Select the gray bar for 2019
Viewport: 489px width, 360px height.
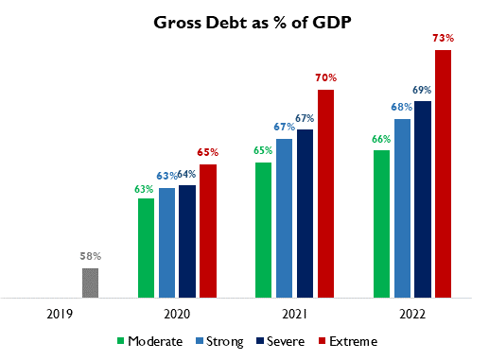(x=90, y=283)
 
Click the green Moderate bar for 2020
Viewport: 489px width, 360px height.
(x=146, y=248)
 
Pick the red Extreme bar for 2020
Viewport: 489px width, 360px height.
(x=207, y=231)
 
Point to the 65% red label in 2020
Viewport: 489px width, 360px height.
(x=208, y=151)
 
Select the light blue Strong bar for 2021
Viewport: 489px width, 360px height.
(x=284, y=217)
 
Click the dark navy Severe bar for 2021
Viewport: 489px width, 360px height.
(x=305, y=213)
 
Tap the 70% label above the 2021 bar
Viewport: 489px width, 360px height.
(x=326, y=77)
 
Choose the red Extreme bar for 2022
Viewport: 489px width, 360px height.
(x=443, y=174)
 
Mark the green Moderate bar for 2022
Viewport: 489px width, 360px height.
(x=381, y=223)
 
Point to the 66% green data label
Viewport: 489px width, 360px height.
(x=381, y=138)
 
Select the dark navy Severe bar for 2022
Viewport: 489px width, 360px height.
(x=423, y=198)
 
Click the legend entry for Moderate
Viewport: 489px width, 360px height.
(x=148, y=340)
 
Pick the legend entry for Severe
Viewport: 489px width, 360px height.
(x=281, y=340)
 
